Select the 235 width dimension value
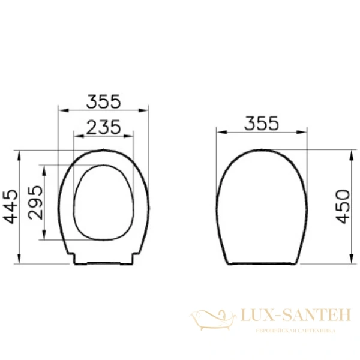(x=103, y=127)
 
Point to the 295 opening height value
(x=34, y=203)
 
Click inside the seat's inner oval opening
(x=103, y=198)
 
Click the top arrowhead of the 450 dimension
(x=351, y=152)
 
